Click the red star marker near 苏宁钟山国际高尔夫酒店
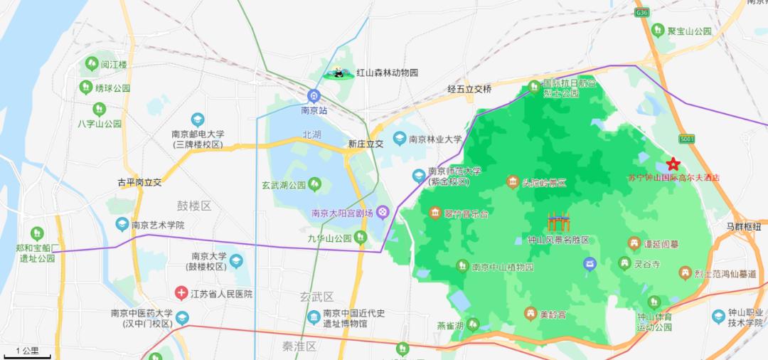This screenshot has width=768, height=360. [673, 164]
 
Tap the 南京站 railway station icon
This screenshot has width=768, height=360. [314, 96]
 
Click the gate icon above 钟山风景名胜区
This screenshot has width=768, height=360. [558, 222]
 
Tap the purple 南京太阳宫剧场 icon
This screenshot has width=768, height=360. [383, 212]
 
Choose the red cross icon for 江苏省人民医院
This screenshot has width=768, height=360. [182, 293]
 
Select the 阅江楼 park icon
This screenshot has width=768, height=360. [91, 64]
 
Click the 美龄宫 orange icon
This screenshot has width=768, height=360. [530, 313]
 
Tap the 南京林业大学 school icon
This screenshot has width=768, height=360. [400, 139]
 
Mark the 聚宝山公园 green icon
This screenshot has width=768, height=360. [658, 31]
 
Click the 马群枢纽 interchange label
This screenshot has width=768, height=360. [743, 226]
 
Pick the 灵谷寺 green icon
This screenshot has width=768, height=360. [624, 263]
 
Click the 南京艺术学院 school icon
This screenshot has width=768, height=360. [122, 225]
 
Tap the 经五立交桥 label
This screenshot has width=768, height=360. [469, 89]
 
